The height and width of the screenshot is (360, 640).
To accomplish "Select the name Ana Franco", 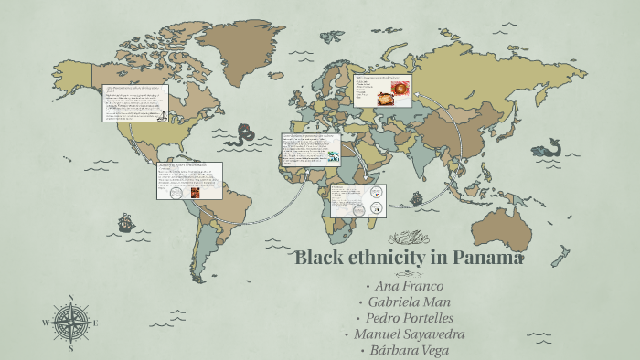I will pos(410,286).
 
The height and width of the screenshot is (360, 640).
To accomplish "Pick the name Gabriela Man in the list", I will pos(409,302).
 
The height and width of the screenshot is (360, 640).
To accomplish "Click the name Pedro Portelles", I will pos(409,317).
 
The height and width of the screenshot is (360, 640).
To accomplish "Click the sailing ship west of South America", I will pos(124,222).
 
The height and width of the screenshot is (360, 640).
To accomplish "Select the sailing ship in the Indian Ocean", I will pos(416,196).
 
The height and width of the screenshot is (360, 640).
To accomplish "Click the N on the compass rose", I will pos(70,297).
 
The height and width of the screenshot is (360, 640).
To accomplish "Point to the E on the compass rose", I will pos(95,322).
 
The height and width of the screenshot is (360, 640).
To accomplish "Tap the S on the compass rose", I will pos(70,347).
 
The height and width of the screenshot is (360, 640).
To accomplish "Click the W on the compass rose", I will pos(45,322).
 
